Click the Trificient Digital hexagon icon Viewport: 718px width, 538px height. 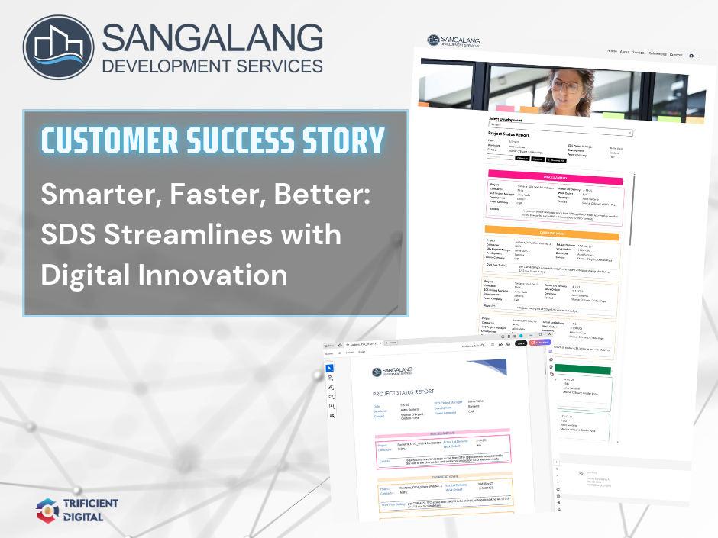48,511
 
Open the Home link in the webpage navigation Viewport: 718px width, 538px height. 612,51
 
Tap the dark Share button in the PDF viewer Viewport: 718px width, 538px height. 522,343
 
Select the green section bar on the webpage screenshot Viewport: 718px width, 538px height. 585,369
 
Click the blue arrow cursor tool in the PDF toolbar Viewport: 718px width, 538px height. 330,369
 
